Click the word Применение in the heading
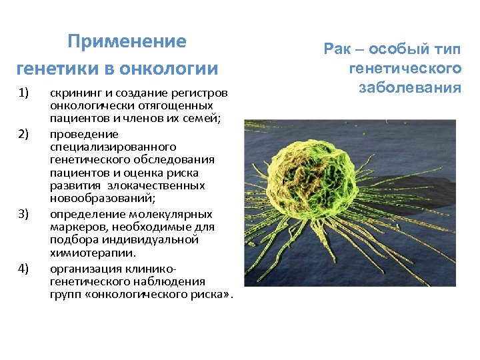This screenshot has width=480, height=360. click(127, 41)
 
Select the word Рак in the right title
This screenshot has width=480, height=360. click(336, 49)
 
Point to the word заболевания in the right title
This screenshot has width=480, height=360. click(410, 87)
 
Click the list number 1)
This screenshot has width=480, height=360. click(24, 92)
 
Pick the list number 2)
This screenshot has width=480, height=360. click(24, 133)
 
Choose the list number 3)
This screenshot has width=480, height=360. click(24, 213)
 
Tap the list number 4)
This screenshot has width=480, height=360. click(24, 268)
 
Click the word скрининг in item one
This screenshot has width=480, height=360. click(71, 92)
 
